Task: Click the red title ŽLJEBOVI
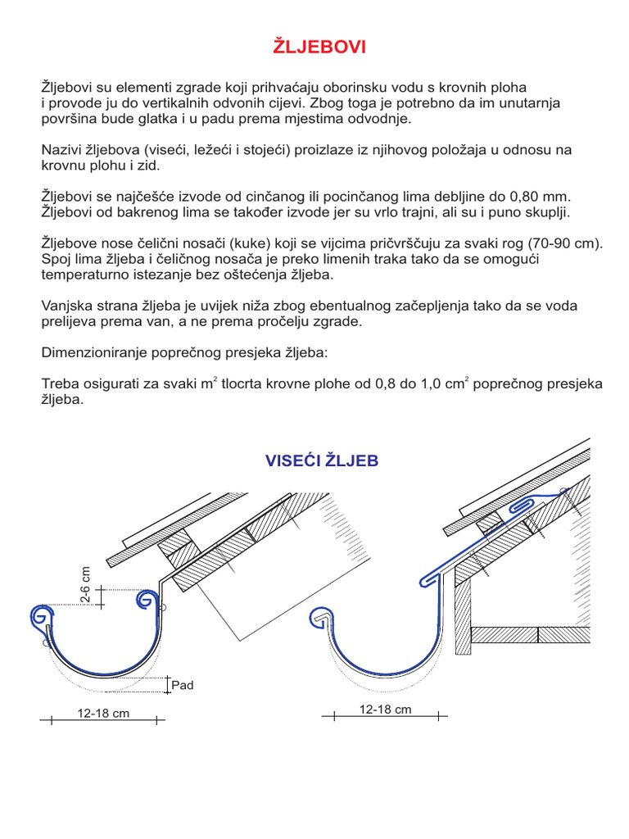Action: pyautogui.click(x=319, y=48)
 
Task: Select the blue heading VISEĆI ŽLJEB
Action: pyautogui.click(x=322, y=460)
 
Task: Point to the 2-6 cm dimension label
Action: pyautogui.click(x=86, y=585)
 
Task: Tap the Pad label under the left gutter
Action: pyautogui.click(x=182, y=685)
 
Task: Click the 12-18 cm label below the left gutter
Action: pyautogui.click(x=103, y=713)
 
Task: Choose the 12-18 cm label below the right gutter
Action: pyautogui.click(x=385, y=709)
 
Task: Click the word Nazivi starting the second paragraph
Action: pyautogui.click(x=60, y=150)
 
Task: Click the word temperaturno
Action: pyautogui.click(x=80, y=274)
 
